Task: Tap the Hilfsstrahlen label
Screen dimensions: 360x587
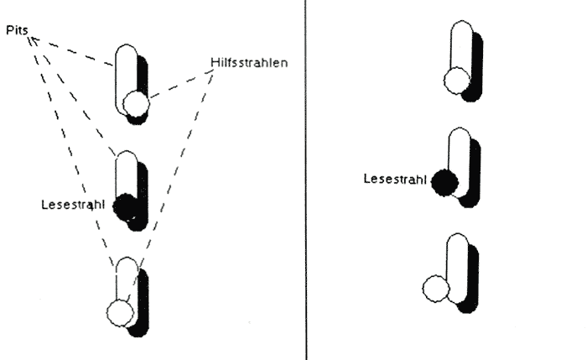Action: [250, 62]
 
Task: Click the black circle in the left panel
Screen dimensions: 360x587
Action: [125, 206]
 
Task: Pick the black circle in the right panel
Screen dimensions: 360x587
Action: [445, 180]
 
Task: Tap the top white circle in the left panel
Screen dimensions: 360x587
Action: [136, 105]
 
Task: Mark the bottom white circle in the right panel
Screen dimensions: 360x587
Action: [436, 290]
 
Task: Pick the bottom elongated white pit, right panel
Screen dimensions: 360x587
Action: [458, 264]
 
